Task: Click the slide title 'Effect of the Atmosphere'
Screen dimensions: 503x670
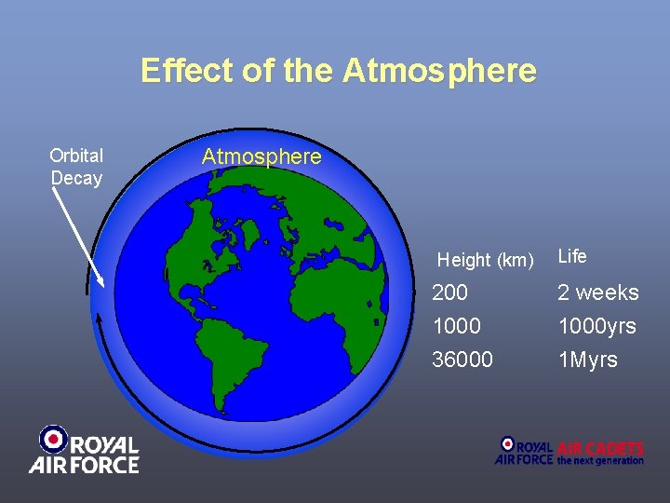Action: [338, 71]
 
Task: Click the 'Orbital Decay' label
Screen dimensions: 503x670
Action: [76, 167]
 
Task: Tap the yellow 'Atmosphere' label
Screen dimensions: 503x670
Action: [261, 156]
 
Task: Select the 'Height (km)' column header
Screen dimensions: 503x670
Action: [485, 260]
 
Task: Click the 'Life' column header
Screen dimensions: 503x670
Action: [571, 256]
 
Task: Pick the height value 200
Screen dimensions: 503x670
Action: [449, 292]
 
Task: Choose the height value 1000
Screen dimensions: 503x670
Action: [456, 326]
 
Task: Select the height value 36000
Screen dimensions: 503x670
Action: [462, 360]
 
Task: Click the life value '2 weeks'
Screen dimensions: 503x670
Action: [597, 292]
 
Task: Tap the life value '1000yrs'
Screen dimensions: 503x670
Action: [596, 326]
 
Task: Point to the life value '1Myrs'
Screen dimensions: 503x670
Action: [587, 360]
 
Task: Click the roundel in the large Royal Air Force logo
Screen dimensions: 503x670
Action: [54, 438]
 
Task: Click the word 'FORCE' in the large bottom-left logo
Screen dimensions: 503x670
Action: [101, 463]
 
